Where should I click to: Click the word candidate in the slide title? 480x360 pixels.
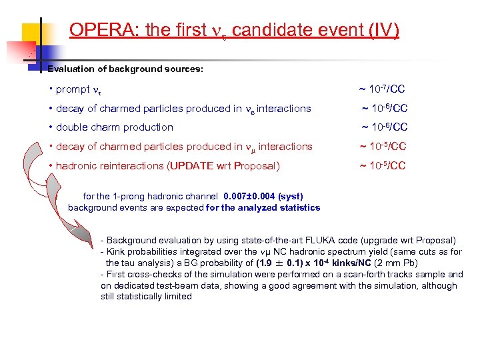tap(280, 30)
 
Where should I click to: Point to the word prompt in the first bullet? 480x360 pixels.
tap(72, 89)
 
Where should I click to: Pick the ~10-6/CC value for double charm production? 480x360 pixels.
tap(384, 127)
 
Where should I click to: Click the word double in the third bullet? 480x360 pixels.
tap(72, 127)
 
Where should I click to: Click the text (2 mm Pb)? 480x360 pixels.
tap(393, 263)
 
